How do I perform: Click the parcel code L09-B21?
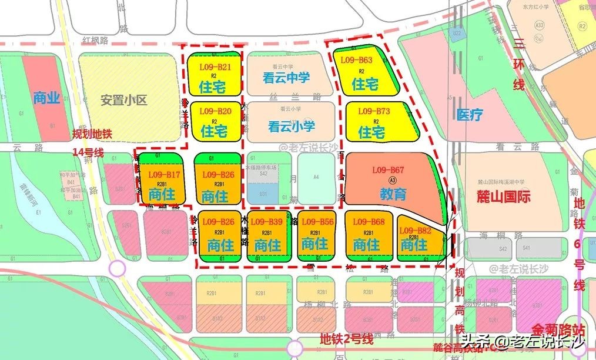[x=215, y=67]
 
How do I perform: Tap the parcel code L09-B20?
[x=215, y=111]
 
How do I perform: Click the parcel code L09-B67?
[x=388, y=170]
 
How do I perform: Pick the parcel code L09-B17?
[x=164, y=175]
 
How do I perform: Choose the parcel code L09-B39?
[x=267, y=222]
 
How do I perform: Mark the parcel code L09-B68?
[x=369, y=222]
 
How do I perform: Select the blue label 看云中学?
[x=286, y=78]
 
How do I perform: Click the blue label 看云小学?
[x=292, y=126]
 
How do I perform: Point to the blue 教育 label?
[x=393, y=194]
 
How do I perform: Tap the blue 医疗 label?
[x=470, y=115]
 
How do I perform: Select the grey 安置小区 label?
[x=123, y=100]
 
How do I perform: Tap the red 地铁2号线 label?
[x=347, y=339]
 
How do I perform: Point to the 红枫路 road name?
[x=96, y=40]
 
